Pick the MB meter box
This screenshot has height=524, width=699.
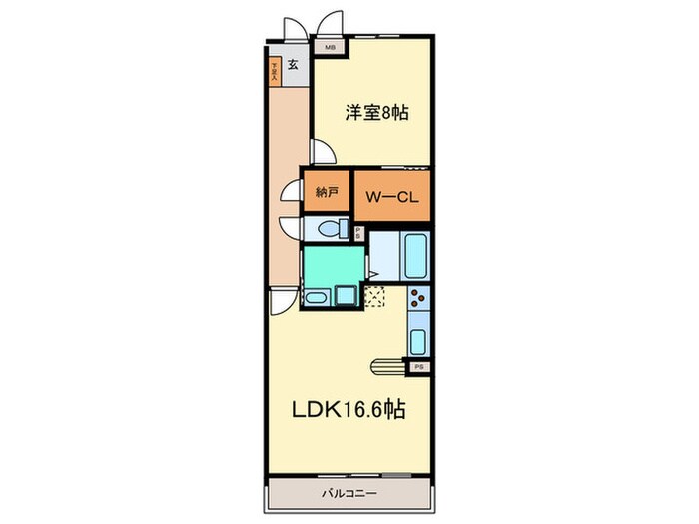click(329, 46)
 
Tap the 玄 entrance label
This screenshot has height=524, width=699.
click(293, 66)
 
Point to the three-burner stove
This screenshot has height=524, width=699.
click(418, 296)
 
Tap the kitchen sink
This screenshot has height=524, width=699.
click(418, 339)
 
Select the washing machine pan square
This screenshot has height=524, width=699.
click(348, 296)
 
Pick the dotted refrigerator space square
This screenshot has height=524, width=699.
click(375, 296)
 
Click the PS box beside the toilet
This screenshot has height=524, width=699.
click(359, 233)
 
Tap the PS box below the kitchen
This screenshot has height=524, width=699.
click(419, 367)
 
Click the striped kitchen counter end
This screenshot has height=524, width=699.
click(390, 366)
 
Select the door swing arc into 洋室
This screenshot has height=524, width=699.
click(322, 151)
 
